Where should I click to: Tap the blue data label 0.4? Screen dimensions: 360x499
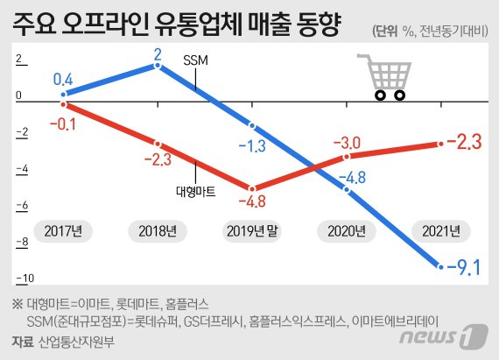click(63, 80)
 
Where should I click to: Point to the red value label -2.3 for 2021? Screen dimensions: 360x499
click(464, 141)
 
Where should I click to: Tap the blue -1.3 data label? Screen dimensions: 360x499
click(250, 145)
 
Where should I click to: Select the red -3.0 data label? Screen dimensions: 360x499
click(346, 142)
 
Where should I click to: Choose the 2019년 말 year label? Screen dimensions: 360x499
click(252, 231)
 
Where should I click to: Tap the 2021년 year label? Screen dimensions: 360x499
click(440, 231)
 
